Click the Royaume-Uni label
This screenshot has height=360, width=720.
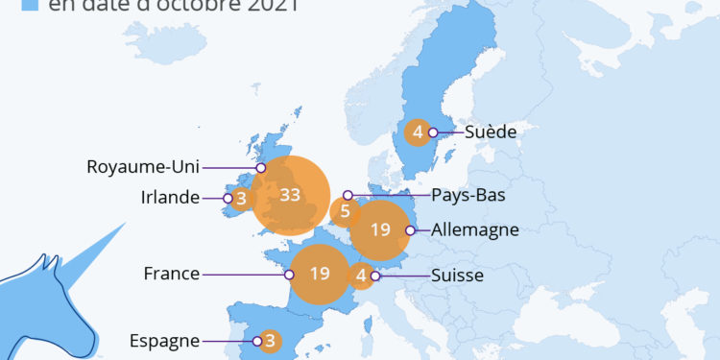pos(142,166)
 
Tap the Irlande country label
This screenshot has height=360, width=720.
pos(169,198)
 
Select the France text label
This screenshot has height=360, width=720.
pos(171,274)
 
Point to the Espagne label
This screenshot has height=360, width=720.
pos(164,340)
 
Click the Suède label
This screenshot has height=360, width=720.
pos(492,132)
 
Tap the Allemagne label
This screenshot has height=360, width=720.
pos(475,229)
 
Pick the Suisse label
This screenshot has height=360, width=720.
pos(456,276)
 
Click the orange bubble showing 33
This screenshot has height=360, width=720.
pos(291,196)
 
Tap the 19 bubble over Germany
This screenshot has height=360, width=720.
pos(381,230)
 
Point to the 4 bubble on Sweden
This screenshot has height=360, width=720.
pos(418,132)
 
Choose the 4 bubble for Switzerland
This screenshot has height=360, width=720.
pos(361,276)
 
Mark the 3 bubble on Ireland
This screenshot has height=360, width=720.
pos(241,199)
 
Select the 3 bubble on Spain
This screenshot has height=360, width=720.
pos(271,340)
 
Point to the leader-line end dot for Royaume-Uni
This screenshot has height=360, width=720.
pos(260,167)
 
